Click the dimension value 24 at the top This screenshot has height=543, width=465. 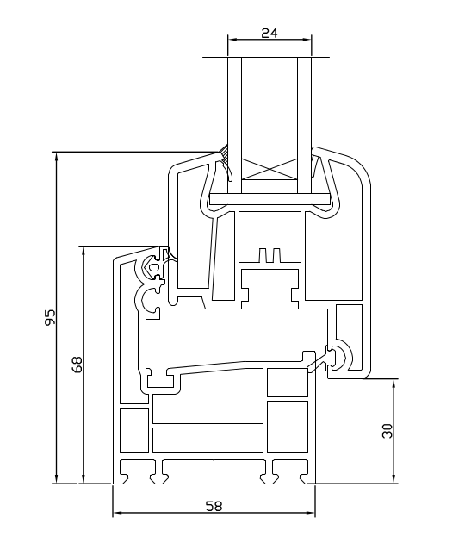point(270,33)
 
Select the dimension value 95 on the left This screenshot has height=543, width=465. point(51,317)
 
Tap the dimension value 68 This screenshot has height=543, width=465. point(77,365)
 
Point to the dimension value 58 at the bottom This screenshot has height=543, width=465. point(214,506)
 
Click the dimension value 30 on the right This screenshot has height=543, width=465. point(387,431)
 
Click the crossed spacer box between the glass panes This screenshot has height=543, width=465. point(270,169)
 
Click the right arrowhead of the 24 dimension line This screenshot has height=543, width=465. point(307,40)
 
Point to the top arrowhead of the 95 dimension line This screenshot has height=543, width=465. point(57,157)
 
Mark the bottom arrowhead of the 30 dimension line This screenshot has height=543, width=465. point(394,478)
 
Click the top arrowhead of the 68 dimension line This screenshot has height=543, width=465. point(83,251)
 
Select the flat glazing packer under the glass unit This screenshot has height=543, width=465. point(270,199)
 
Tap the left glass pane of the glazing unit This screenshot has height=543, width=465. point(234,125)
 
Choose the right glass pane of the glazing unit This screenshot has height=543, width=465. point(305,125)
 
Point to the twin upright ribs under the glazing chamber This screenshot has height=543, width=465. point(270,255)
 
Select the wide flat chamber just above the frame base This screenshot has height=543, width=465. point(208,440)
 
